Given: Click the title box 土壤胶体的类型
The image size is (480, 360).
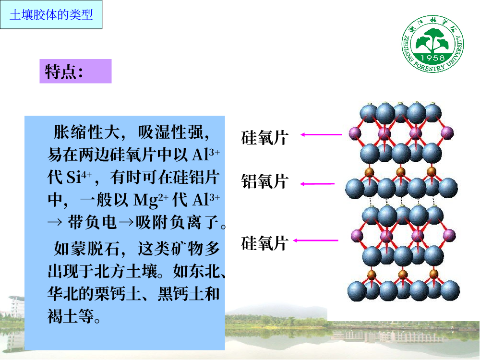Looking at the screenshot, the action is (x=51, y=15).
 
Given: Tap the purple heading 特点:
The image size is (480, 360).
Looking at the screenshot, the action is (x=75, y=72).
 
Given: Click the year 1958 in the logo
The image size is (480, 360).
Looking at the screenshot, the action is (x=432, y=58).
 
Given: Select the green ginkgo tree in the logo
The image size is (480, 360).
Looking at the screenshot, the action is (x=432, y=40).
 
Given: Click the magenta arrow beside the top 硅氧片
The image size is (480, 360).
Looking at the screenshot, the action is (x=321, y=134).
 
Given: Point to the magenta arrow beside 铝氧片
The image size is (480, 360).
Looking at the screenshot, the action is (x=317, y=184).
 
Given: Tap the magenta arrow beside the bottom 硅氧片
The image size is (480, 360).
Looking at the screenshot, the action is (x=316, y=240).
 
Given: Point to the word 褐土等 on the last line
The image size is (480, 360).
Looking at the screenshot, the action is (x=71, y=316).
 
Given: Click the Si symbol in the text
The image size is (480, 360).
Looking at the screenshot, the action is (x=73, y=178).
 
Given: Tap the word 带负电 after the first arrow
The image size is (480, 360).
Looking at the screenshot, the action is (x=92, y=222).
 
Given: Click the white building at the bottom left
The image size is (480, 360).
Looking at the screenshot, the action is (x=16, y=306).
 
